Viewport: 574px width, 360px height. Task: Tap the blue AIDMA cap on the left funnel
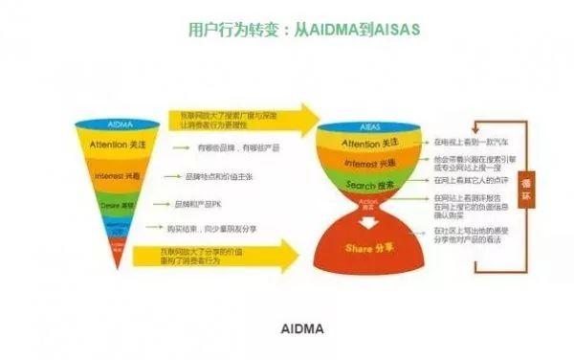point(116,124)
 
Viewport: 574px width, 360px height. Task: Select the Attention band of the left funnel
point(116,146)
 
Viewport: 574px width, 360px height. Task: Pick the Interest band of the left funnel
point(116,177)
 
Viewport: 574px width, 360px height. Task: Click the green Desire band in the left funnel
point(116,205)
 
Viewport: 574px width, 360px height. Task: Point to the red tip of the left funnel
point(117,251)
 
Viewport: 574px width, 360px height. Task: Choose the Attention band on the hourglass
point(367,143)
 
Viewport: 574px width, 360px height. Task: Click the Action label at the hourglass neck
point(368,203)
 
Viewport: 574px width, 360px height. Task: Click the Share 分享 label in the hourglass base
point(368,247)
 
